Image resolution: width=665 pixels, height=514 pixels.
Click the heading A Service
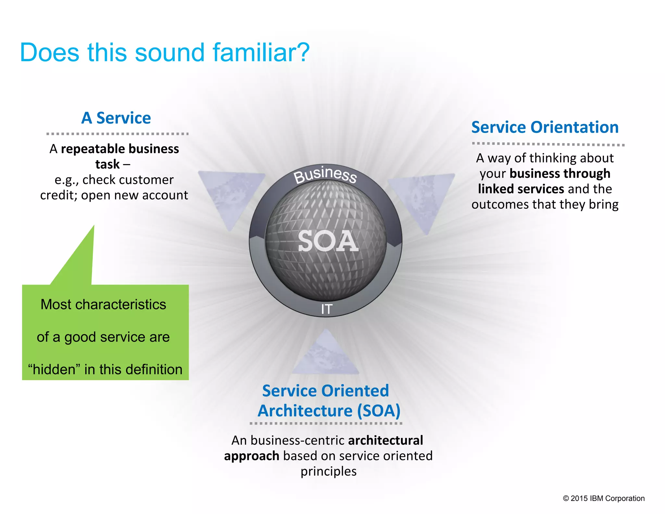[x=116, y=118]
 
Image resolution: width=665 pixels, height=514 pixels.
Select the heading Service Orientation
[x=545, y=127]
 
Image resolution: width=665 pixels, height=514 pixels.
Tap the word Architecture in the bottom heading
[x=305, y=411]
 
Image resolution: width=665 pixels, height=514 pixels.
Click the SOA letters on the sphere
[x=328, y=241]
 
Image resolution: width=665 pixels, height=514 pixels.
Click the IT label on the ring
[x=327, y=309]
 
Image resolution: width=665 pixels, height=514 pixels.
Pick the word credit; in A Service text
[x=59, y=195]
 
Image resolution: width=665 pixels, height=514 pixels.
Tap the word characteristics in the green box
[x=121, y=305]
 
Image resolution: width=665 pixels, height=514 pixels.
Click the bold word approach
[x=251, y=456]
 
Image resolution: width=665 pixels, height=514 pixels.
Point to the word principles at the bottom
[x=328, y=471]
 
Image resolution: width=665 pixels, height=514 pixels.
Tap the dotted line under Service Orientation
[x=548, y=144]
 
